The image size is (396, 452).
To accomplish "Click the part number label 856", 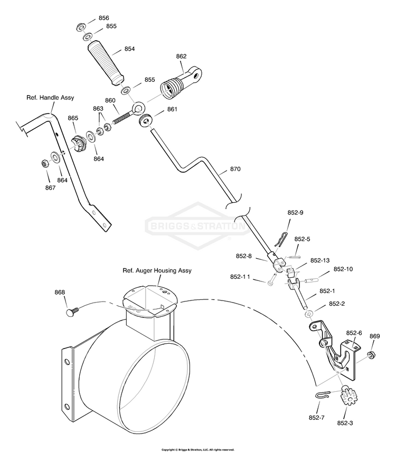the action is (104, 18).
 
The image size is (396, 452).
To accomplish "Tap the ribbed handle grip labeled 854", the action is (106, 63).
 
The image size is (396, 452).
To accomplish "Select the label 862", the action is (181, 56).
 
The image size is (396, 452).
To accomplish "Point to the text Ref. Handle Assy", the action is (50, 98).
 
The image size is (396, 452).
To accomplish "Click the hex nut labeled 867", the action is (45, 164).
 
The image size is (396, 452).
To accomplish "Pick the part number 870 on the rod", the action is (235, 169).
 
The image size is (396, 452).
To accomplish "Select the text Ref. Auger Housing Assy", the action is (157, 270).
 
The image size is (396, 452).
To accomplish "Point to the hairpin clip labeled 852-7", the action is (324, 395).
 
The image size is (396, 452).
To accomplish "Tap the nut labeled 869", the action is (371, 355).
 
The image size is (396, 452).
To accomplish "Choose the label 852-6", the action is (354, 333).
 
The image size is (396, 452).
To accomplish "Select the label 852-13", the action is (319, 260).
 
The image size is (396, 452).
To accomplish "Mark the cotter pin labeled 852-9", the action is (281, 238).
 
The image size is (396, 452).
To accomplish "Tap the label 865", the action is (73, 118).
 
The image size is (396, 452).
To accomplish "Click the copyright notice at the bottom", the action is (197, 450).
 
